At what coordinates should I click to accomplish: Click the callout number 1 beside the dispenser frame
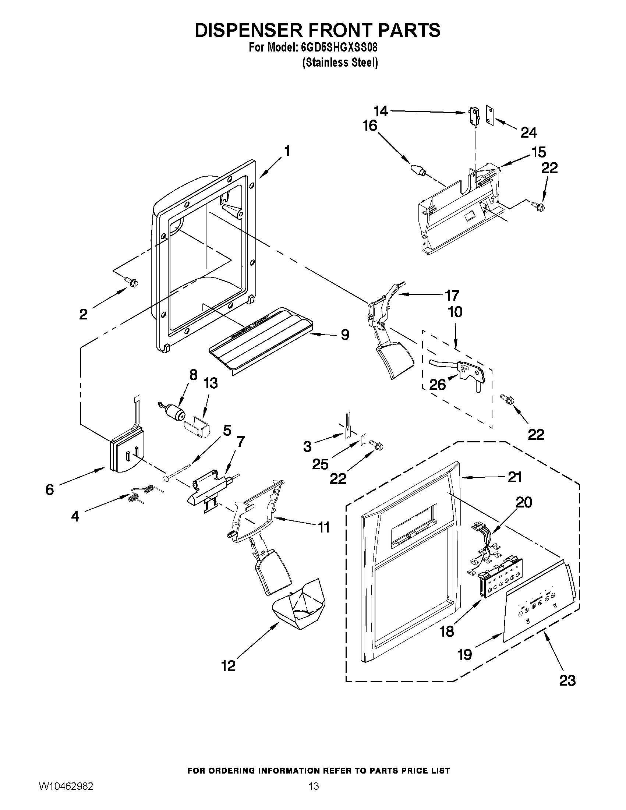tap(287, 151)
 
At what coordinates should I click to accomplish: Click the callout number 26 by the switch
tap(437, 385)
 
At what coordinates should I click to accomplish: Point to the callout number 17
tap(452, 295)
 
